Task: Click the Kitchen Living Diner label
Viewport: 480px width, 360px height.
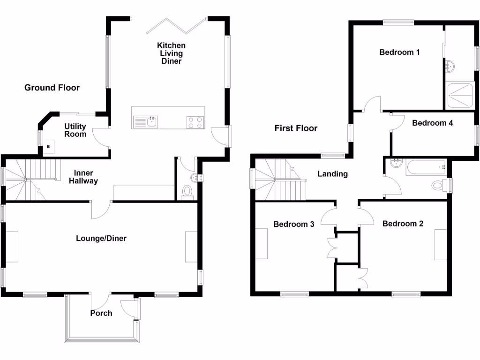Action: pyautogui.click(x=171, y=53)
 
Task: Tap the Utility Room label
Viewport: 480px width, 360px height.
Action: pyautogui.click(x=75, y=130)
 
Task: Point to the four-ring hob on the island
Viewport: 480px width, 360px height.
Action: pyautogui.click(x=195, y=122)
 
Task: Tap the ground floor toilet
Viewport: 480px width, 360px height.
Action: pyautogui.click(x=187, y=192)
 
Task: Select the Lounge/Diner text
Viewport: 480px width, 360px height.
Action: pyautogui.click(x=101, y=238)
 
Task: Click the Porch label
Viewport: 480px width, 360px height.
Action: pyautogui.click(x=101, y=313)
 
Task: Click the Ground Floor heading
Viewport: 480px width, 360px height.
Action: pyautogui.click(x=52, y=88)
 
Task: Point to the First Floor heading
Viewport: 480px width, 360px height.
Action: pyautogui.click(x=296, y=128)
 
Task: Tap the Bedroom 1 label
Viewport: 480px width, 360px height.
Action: pyautogui.click(x=399, y=52)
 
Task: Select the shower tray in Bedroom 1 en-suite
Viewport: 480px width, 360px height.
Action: pyautogui.click(x=460, y=96)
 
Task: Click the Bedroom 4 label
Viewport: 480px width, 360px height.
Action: pyautogui.click(x=433, y=123)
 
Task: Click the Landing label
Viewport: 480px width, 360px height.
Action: pyautogui.click(x=333, y=174)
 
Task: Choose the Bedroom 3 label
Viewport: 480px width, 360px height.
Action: pyautogui.click(x=294, y=224)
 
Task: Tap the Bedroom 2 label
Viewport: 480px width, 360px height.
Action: pyautogui.click(x=403, y=224)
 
